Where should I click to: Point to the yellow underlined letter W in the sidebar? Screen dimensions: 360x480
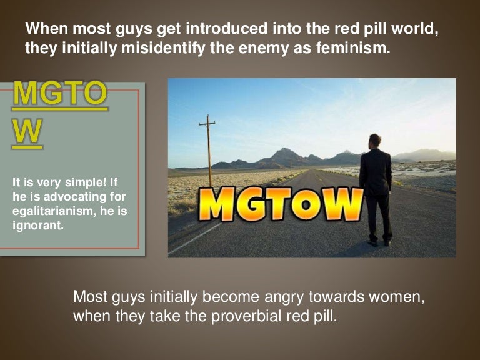(x=27, y=132)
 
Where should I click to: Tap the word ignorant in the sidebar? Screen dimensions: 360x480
(x=37, y=226)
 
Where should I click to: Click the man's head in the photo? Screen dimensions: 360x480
(x=374, y=141)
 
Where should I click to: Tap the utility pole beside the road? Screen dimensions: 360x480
(x=207, y=150)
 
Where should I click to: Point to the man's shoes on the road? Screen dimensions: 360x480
(x=379, y=242)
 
